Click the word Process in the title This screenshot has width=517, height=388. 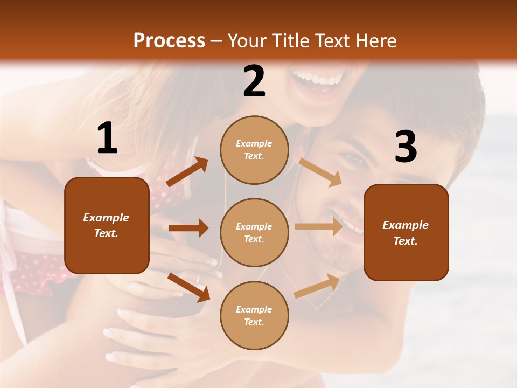(169, 41)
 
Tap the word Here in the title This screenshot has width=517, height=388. (375, 41)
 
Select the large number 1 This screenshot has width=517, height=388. (107, 138)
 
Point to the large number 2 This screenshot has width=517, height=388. (254, 81)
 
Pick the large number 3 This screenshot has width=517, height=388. (406, 147)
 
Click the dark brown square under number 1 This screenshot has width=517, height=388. (107, 225)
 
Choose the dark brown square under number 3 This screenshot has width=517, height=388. (406, 233)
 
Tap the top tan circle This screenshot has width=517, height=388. (254, 150)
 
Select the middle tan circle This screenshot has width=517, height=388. (254, 233)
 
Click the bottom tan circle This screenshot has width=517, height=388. (254, 316)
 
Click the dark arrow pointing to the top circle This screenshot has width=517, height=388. (187, 172)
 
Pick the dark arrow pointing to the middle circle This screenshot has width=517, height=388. (188, 228)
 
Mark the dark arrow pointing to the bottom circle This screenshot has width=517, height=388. (188, 287)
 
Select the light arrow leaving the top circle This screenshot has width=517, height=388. (320, 172)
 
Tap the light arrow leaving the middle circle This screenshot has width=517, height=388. (319, 226)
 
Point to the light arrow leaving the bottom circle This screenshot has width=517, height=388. (319, 286)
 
